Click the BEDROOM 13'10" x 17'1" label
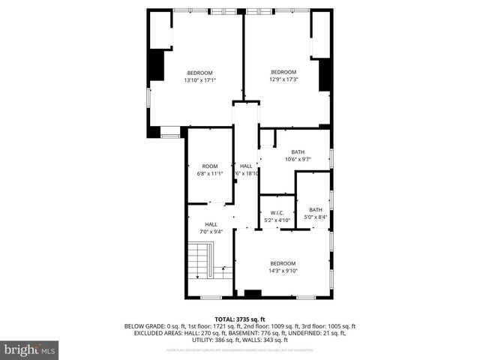(x=199, y=76)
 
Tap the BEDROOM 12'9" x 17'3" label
(x=283, y=76)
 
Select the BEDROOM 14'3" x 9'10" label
(x=283, y=267)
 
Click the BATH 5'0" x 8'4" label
(x=316, y=213)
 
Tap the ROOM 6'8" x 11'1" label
(x=209, y=169)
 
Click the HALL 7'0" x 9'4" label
(x=211, y=228)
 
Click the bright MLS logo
(x=30, y=349)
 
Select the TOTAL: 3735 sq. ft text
(x=240, y=319)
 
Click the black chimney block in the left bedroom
(x=157, y=66)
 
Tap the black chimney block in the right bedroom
(x=325, y=75)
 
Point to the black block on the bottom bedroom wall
(x=253, y=293)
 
